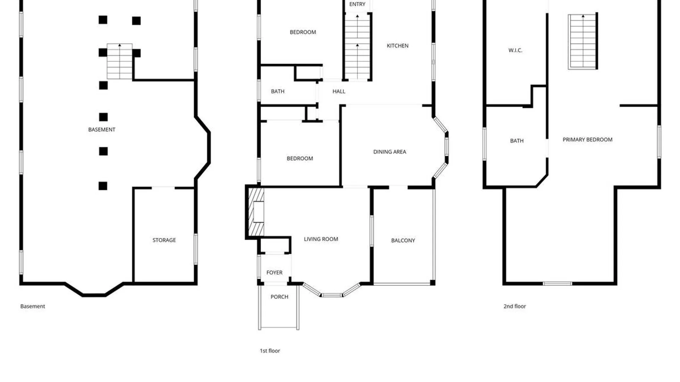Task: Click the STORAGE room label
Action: [x=164, y=240]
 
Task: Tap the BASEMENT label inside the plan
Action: [x=102, y=130]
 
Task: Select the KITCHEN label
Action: [x=397, y=46]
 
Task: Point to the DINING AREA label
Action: [x=390, y=152]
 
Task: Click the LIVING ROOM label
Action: [x=321, y=239]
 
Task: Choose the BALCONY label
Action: [x=403, y=241]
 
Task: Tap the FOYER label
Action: [x=274, y=273]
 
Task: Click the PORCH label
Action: [x=279, y=297]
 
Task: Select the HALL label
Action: [x=339, y=91]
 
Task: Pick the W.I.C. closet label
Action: [x=515, y=50]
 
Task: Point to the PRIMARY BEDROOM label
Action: [x=588, y=140]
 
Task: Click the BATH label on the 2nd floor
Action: [x=517, y=141]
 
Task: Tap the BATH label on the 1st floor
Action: [x=278, y=91]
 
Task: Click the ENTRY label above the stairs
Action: [x=357, y=4]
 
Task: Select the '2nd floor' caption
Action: [x=515, y=306]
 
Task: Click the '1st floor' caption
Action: [x=270, y=351]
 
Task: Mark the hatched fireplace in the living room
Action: [x=256, y=212]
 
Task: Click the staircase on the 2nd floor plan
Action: [x=583, y=41]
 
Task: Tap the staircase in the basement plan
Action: [x=120, y=62]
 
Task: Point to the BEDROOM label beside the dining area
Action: [x=300, y=158]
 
